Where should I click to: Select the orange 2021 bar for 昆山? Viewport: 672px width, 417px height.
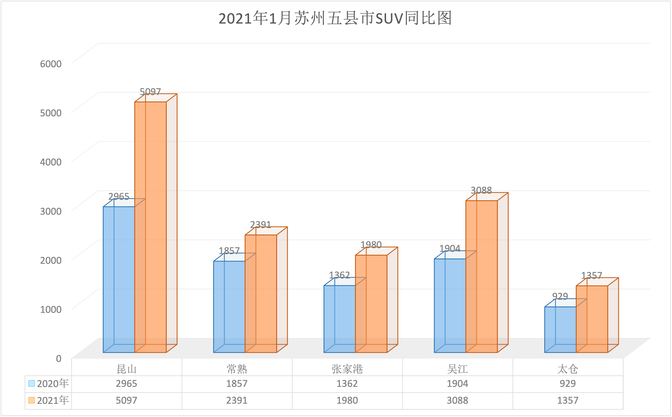[x=150, y=226]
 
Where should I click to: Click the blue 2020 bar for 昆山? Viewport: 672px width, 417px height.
[x=119, y=279]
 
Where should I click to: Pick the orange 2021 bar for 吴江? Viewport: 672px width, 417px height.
[x=481, y=276]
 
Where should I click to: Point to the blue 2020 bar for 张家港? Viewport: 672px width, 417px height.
[x=339, y=318]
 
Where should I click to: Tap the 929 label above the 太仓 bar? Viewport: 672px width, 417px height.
[x=560, y=296]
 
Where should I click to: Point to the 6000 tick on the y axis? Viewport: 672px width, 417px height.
[x=51, y=64]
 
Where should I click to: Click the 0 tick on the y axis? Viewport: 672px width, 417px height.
[x=59, y=358]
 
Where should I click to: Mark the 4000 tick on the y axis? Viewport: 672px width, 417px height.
[x=51, y=162]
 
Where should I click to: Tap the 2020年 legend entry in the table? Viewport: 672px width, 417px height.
[x=49, y=384]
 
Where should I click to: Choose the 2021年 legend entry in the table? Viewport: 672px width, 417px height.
[x=49, y=400]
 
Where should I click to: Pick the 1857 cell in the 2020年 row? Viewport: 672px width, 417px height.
[x=237, y=384]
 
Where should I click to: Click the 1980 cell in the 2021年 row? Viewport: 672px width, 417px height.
[x=347, y=400]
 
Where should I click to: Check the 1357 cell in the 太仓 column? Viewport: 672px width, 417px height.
[x=568, y=400]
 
